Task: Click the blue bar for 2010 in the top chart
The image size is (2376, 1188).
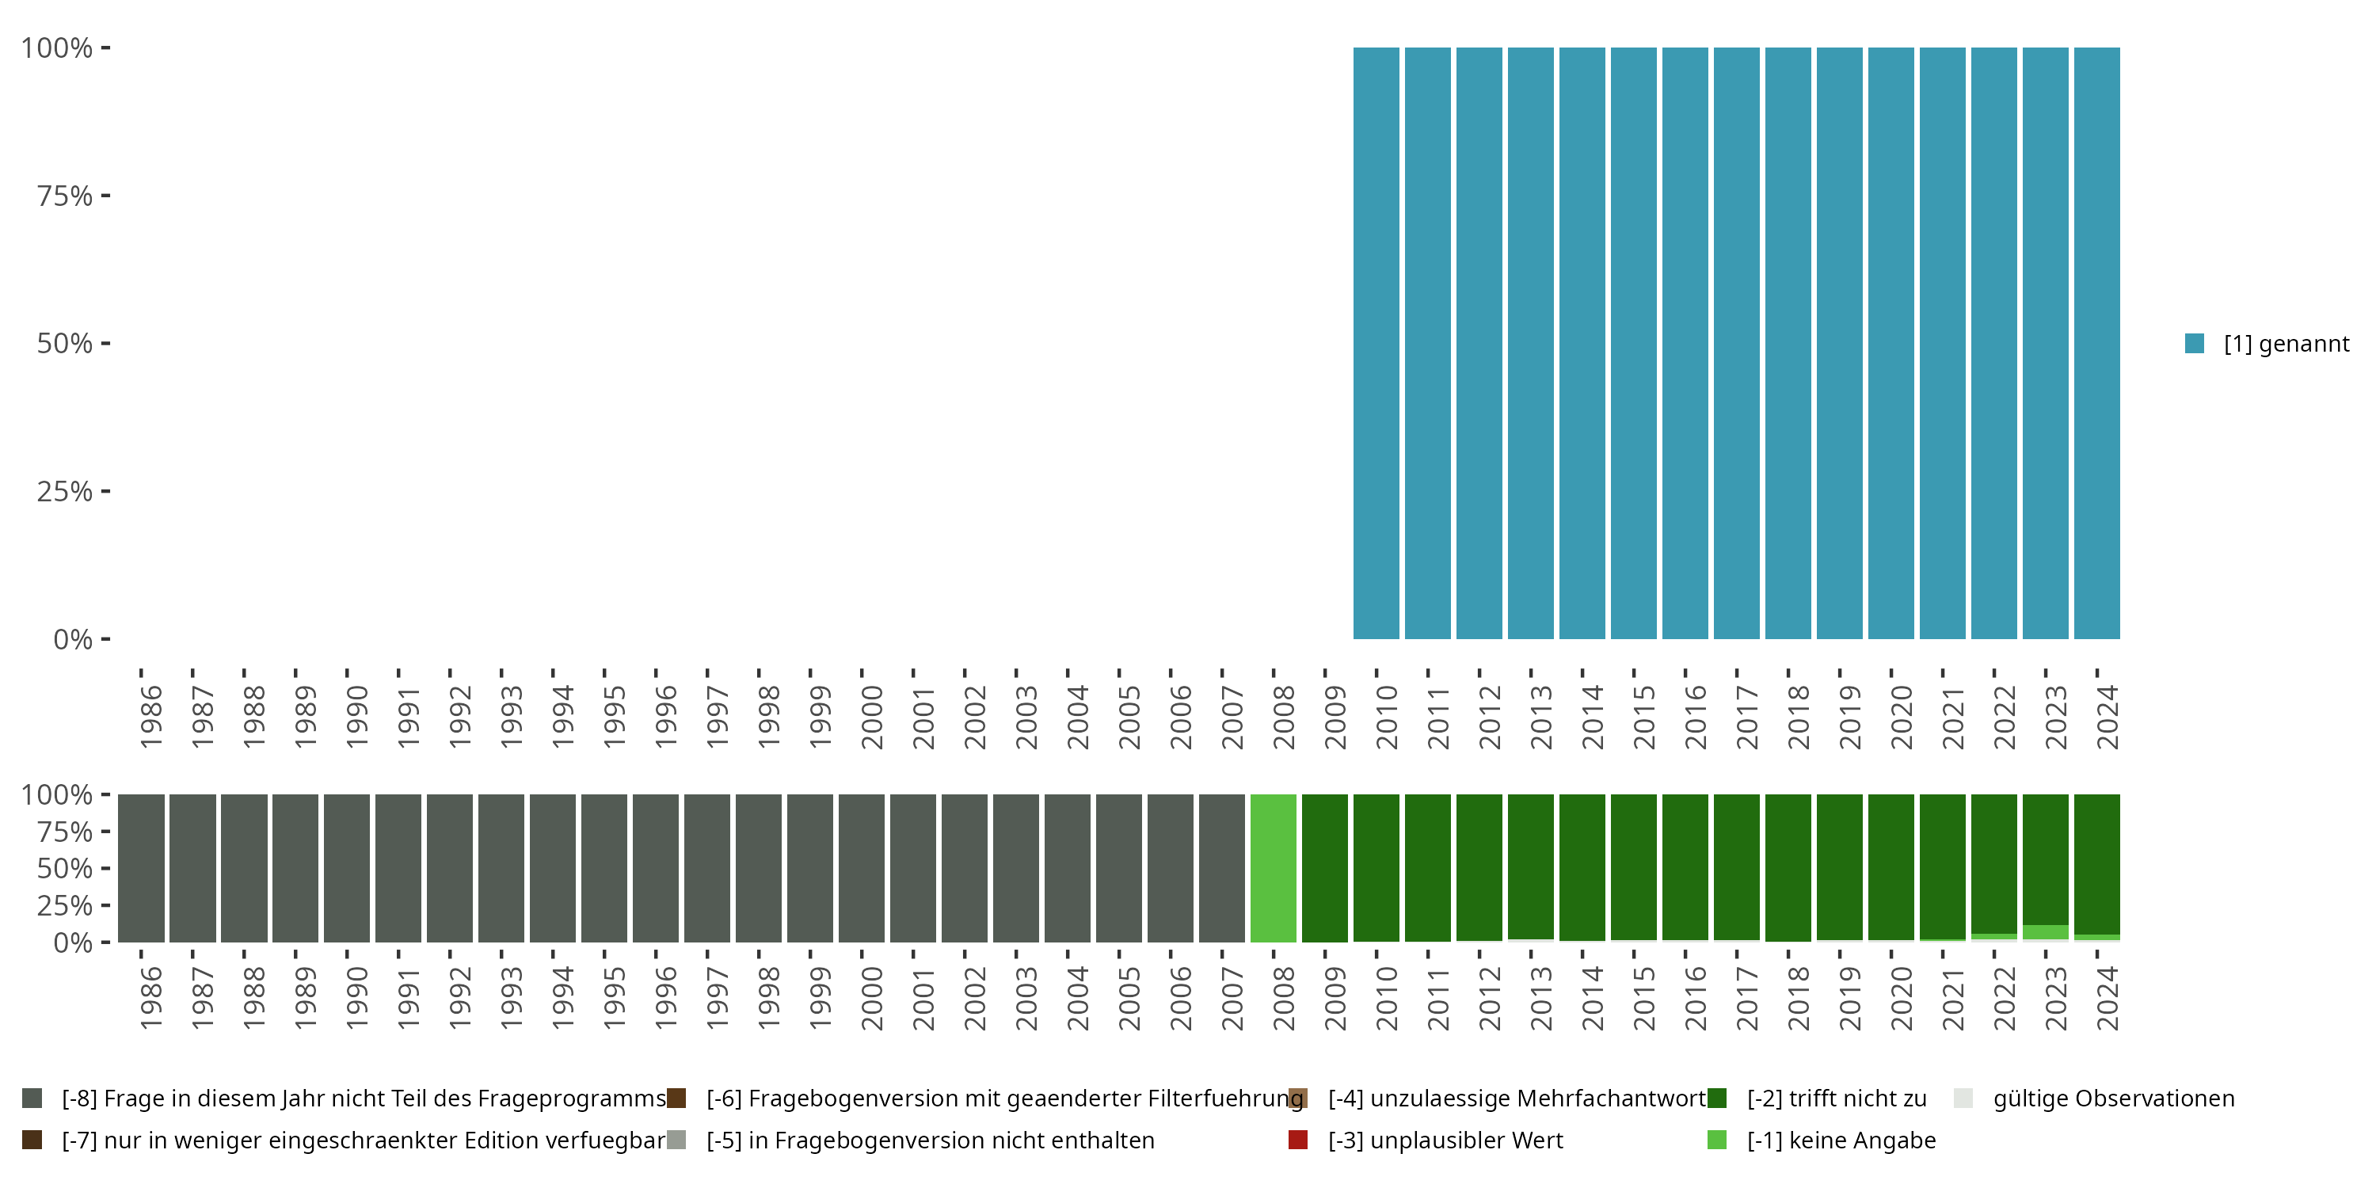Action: (1376, 343)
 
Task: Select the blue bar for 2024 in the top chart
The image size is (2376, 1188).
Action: (2096, 343)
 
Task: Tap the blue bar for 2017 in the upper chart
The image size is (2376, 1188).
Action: (1737, 343)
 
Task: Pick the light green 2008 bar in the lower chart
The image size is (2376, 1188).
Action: (1273, 868)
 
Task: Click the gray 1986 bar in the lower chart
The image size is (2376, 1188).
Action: (141, 868)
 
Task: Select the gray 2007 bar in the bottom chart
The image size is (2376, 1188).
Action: (1221, 868)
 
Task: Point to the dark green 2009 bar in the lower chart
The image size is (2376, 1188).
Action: (1324, 868)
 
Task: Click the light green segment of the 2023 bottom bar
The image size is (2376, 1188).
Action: (2045, 931)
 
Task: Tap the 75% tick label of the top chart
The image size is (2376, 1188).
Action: (65, 196)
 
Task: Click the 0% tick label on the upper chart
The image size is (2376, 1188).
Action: (73, 639)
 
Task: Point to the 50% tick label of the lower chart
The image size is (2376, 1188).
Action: (65, 869)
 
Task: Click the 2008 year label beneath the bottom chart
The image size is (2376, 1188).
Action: (1284, 998)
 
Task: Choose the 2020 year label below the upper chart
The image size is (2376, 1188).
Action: (1901, 717)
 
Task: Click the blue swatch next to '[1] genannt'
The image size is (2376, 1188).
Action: (2195, 343)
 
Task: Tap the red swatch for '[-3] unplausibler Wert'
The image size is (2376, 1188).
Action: (1298, 1140)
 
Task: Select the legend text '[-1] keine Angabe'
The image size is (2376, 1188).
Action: (1841, 1140)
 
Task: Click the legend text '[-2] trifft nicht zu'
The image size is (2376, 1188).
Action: (1837, 1099)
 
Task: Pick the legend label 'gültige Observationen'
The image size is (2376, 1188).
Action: (2113, 1099)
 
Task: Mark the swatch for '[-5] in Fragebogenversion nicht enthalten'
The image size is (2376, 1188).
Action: (676, 1140)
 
